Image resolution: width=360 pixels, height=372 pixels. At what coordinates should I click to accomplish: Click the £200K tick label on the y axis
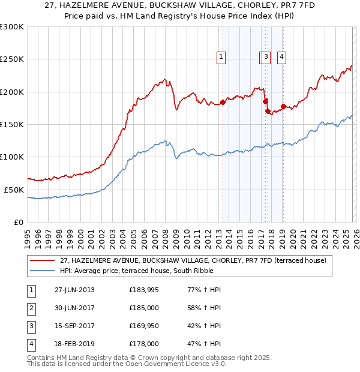coord(12,92)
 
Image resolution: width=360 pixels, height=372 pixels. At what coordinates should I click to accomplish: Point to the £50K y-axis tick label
coord(14,190)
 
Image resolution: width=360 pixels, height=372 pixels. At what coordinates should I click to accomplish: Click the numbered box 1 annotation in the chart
coord(221,57)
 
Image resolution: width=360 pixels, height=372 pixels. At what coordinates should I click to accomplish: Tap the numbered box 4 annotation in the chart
coord(281,57)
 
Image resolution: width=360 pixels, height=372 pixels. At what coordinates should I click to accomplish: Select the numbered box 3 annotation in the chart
coord(266,57)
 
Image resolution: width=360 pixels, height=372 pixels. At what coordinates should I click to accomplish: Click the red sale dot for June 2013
coord(223,102)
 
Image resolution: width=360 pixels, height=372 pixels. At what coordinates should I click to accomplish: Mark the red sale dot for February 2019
coord(283,106)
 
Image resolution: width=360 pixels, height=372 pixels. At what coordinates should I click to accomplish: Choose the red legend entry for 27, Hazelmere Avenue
coord(193,260)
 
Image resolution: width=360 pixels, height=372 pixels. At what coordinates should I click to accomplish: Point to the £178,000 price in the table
coord(144,344)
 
